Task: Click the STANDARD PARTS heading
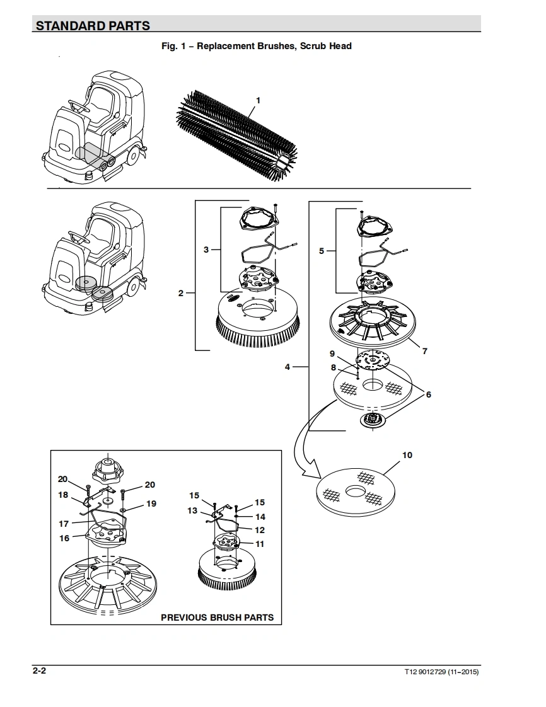pos(93,26)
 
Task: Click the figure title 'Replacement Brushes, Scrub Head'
pos(274,46)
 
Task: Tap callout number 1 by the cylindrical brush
pos(258,101)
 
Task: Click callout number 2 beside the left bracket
pos(181,293)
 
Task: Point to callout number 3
pos(206,250)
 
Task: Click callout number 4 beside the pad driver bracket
pos(288,367)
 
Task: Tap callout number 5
pos(322,251)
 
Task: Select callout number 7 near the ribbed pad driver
pos(424,351)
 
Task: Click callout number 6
pos(429,394)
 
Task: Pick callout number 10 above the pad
pos(407,455)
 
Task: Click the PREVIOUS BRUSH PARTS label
pos(218,618)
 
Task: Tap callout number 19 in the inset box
pos(151,503)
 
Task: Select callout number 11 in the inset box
pos(260,544)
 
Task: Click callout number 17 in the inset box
pos(64,524)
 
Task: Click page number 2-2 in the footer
pos(39,670)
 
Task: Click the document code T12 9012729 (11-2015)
pos(441,672)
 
